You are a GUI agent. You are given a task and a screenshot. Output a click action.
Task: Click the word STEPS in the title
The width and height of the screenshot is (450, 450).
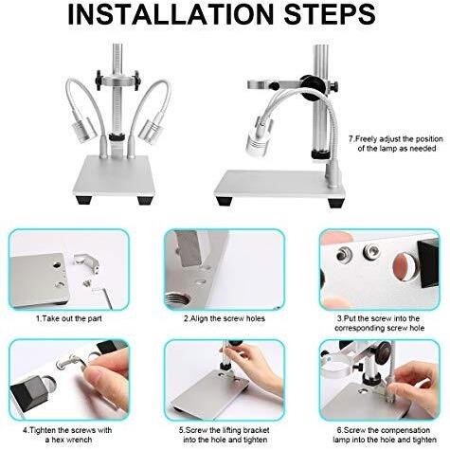pyautogui.click(x=331, y=15)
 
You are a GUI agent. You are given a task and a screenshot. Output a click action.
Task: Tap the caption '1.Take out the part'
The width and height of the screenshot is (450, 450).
pyautogui.click(x=69, y=318)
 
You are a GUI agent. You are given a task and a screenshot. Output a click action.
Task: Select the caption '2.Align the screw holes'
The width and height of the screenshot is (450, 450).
pyautogui.click(x=225, y=318)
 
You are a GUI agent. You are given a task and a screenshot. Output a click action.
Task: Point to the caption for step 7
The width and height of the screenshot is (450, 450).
pyautogui.click(x=396, y=144)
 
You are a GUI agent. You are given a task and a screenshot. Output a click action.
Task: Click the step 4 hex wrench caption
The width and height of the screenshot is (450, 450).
pyautogui.click(x=67, y=435)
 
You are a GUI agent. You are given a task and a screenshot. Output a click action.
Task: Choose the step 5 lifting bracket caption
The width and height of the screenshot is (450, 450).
pyautogui.click(x=225, y=435)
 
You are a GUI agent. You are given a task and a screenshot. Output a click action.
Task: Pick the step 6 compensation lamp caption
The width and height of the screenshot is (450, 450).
pyautogui.click(x=384, y=435)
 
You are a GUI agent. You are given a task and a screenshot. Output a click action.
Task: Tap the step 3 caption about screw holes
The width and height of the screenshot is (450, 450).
pyautogui.click(x=379, y=323)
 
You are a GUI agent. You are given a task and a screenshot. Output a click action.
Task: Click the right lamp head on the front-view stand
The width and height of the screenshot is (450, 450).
pyautogui.click(x=151, y=130)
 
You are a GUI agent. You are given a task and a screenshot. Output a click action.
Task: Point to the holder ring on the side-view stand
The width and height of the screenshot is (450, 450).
pyautogui.click(x=260, y=84)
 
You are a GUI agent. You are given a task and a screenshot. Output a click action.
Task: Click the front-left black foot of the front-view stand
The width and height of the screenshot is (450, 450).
pyautogui.click(x=84, y=200)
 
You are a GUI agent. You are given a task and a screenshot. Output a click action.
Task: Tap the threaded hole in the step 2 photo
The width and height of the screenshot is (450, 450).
pyautogui.click(x=177, y=301)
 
